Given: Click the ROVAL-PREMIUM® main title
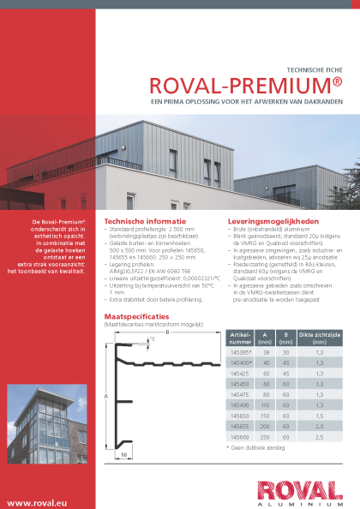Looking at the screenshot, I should point(246,86).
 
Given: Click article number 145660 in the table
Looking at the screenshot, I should point(241,436).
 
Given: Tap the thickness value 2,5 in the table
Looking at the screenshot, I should point(319,436).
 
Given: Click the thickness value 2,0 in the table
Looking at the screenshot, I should point(319,426).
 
